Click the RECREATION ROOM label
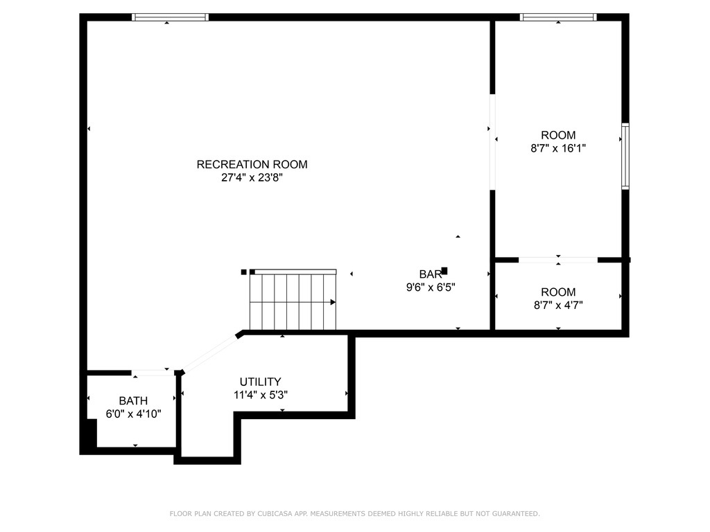click(x=252, y=164)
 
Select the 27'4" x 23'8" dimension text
click(x=252, y=177)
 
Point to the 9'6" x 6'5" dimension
click(x=430, y=287)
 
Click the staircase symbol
click(x=293, y=301)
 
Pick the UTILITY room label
click(x=260, y=382)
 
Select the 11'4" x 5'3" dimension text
click(x=260, y=395)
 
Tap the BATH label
click(x=133, y=400)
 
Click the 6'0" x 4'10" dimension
click(x=133, y=414)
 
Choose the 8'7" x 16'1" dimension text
click(x=558, y=148)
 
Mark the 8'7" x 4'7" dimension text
click(x=558, y=305)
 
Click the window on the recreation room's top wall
click(x=170, y=17)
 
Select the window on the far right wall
click(x=625, y=156)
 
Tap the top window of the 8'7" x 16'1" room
click(x=558, y=17)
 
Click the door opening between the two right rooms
click(x=558, y=260)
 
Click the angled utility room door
click(x=210, y=353)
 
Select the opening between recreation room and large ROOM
click(x=492, y=142)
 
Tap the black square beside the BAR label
click(x=444, y=270)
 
